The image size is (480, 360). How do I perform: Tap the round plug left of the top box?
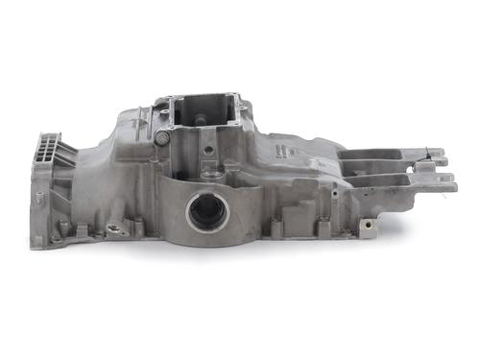pyautogui.click(x=162, y=137)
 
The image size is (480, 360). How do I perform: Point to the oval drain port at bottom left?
pyautogui.click(x=117, y=229)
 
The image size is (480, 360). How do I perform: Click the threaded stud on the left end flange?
pyautogui.click(x=39, y=197)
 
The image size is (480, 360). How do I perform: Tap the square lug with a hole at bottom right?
pyautogui.click(x=369, y=228)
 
